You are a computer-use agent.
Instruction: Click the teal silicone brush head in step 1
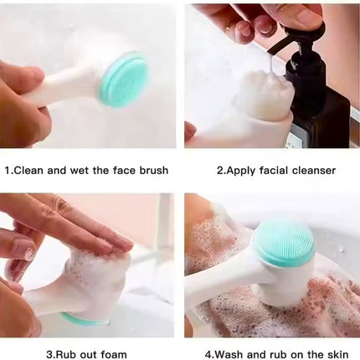coord(122,80)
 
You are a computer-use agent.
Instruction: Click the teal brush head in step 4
coord(282,244)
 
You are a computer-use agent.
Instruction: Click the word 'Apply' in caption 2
coord(244,170)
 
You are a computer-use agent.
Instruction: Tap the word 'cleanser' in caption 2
coord(311,170)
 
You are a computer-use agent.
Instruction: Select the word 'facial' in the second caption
coord(276,170)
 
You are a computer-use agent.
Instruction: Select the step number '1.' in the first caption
coord(9,170)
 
